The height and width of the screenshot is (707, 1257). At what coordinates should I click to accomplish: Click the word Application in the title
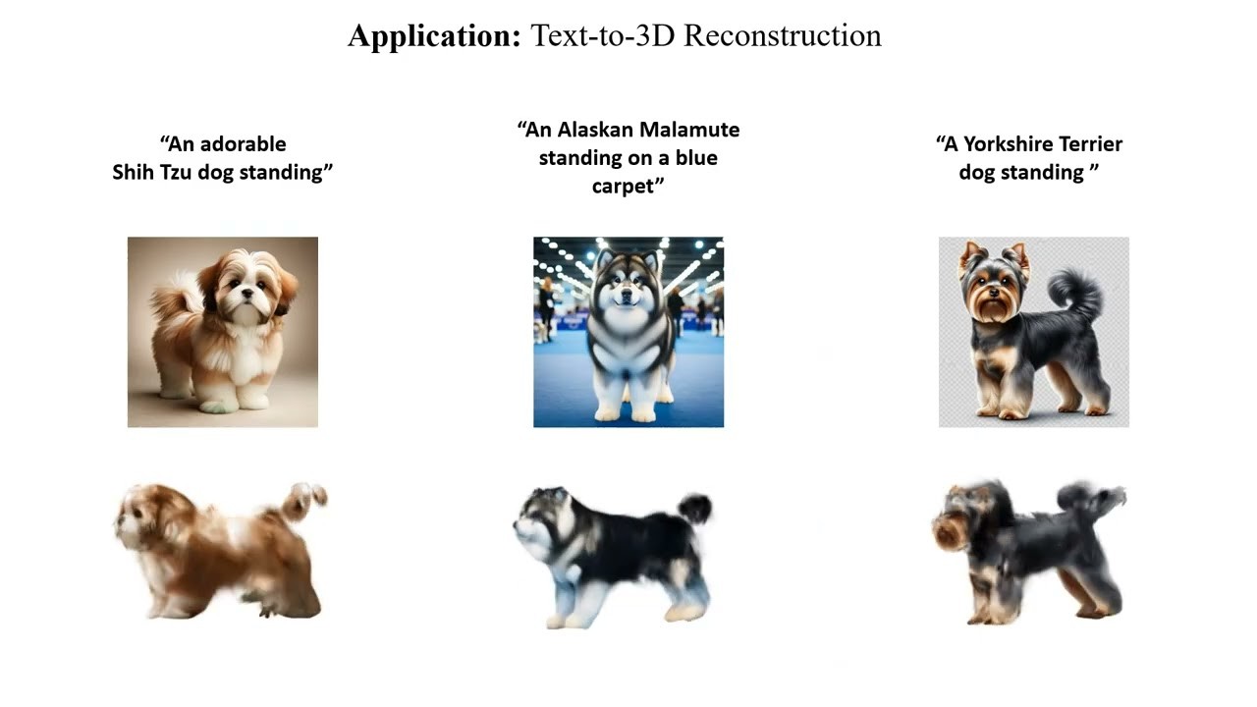[435, 37]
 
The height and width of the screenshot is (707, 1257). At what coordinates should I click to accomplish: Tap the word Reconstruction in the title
[783, 35]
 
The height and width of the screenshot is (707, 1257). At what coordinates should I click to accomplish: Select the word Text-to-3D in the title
[603, 35]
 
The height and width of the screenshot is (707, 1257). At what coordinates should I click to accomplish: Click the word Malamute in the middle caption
[689, 130]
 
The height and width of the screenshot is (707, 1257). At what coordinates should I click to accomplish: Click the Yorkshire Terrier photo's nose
[993, 292]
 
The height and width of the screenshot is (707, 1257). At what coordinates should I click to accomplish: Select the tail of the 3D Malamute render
[696, 508]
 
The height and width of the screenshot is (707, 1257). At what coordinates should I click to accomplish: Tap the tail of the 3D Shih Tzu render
[304, 500]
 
